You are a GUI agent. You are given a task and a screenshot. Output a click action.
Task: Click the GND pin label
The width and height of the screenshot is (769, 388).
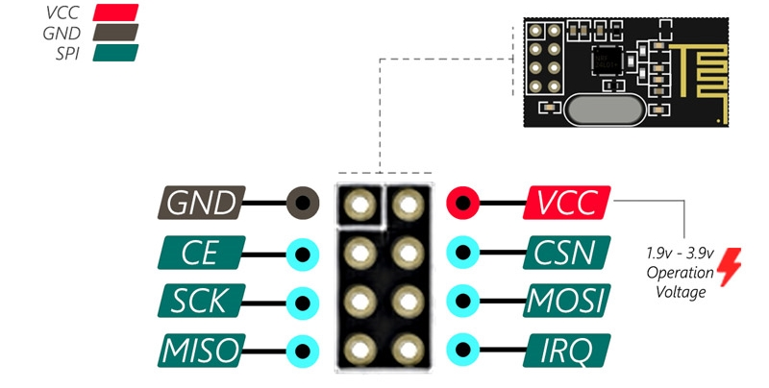click(200, 203)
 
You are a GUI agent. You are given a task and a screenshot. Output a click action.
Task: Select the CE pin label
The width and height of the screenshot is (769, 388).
click(200, 255)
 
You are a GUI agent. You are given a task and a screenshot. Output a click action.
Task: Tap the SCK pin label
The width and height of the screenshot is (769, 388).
click(200, 302)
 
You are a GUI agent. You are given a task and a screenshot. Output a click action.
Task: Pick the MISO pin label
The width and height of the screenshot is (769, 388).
click(200, 349)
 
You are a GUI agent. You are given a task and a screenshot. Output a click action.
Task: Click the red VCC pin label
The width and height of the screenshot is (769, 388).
click(568, 203)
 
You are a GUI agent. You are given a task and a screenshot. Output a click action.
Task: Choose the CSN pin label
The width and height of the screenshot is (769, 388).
click(568, 254)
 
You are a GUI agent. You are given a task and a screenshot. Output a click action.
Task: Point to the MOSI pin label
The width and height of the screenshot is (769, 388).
click(568, 302)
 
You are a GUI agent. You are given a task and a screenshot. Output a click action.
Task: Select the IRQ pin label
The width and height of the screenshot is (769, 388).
click(568, 349)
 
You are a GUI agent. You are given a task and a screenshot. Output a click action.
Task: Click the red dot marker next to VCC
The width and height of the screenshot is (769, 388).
click(463, 203)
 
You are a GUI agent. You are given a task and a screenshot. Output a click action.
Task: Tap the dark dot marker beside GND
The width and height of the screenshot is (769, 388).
click(304, 203)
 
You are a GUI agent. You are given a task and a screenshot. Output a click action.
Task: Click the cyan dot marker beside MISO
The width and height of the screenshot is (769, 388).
click(304, 349)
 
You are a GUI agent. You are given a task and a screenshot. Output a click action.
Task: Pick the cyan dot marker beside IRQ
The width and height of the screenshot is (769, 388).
click(463, 349)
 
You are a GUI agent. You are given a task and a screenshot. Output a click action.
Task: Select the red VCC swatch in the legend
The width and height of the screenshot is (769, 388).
click(115, 12)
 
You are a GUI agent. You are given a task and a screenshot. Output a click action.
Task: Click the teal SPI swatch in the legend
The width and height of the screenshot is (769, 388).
click(115, 51)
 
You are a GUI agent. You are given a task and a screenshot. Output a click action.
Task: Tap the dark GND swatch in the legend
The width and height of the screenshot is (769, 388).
click(115, 32)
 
